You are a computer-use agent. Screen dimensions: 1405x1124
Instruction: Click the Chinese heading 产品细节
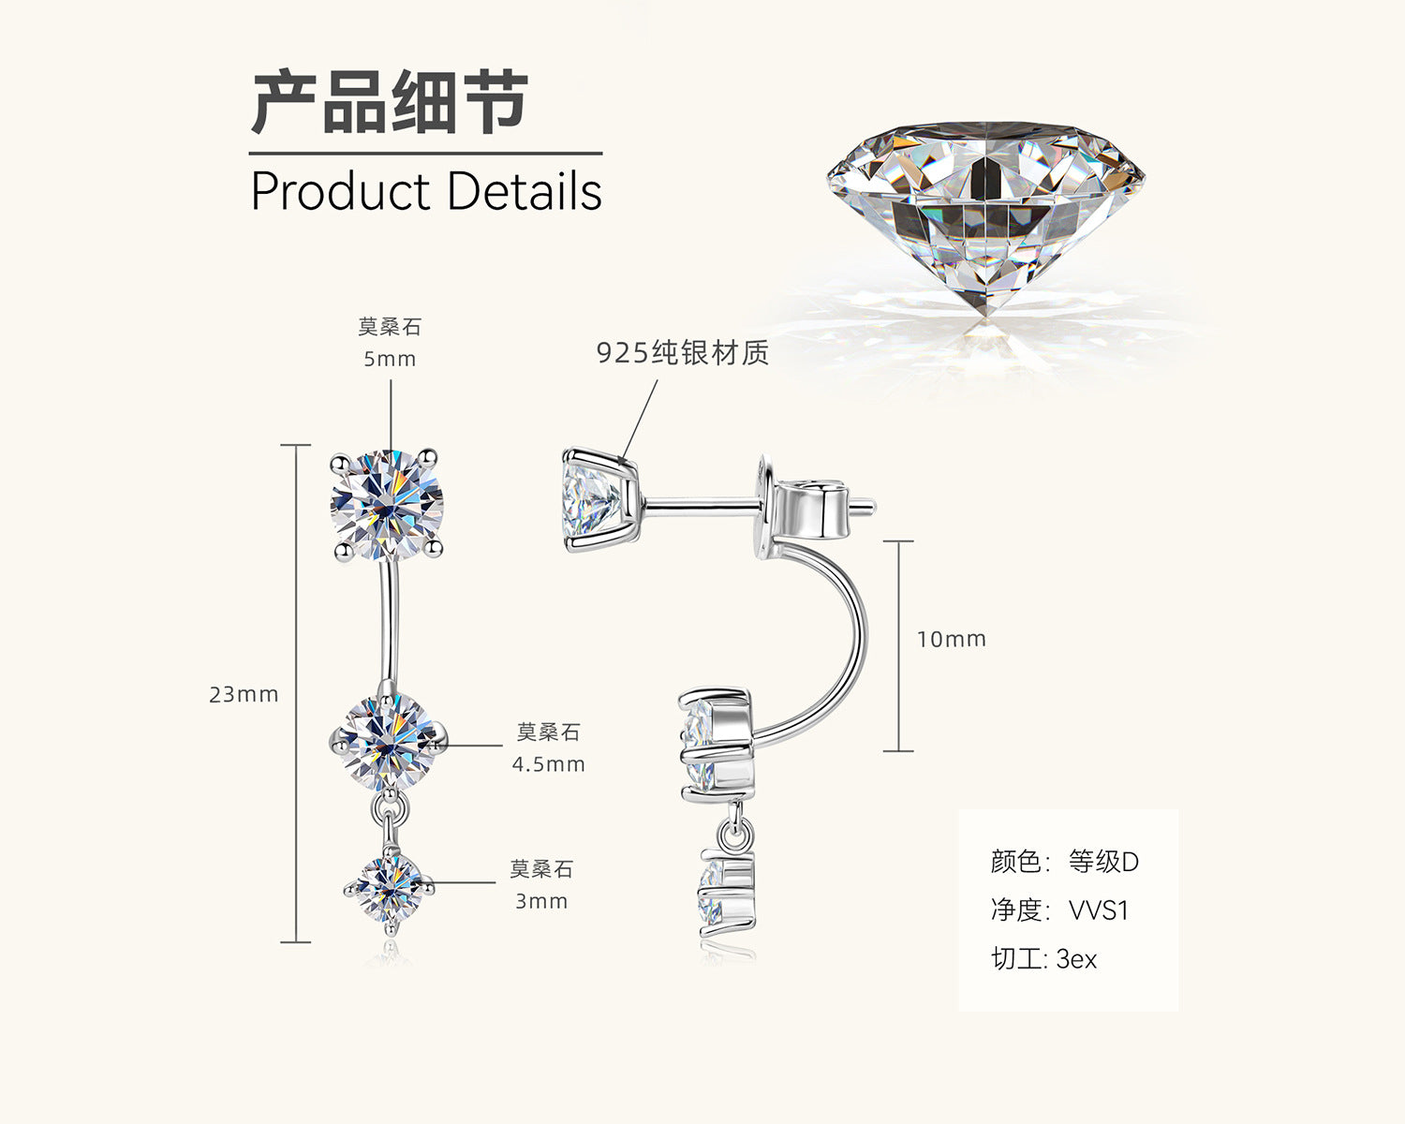[x=390, y=101]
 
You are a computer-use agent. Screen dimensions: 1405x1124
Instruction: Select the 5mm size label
[x=390, y=359]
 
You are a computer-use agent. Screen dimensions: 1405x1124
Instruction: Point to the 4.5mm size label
[x=549, y=764]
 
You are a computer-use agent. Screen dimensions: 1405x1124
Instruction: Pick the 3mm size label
[x=541, y=901]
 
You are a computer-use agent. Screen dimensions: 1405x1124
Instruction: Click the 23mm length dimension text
[x=244, y=694]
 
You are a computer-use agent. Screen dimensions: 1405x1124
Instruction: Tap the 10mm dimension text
[x=952, y=640]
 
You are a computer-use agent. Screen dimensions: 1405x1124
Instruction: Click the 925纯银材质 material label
[x=683, y=353]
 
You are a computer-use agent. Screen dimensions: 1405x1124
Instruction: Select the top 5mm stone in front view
[x=387, y=505]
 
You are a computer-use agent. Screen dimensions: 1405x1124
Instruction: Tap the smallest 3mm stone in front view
[x=389, y=889]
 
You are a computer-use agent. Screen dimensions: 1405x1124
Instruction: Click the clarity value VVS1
[x=1099, y=910]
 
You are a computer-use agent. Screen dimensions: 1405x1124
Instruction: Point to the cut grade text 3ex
[x=1076, y=959]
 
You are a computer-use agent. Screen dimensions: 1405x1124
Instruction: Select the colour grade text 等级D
[x=1103, y=862]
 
